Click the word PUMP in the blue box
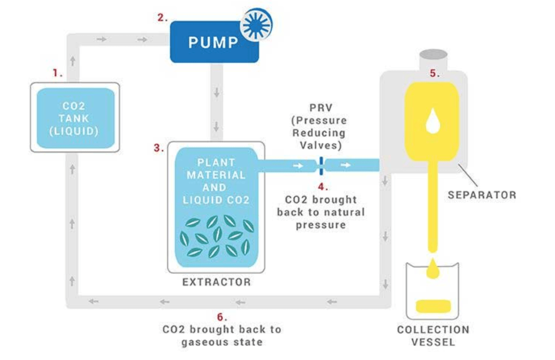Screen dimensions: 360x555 pos(213,42)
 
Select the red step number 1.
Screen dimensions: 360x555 pos(57,72)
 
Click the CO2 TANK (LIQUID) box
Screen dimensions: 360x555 pos(75,118)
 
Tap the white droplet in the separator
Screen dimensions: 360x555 pos(432,122)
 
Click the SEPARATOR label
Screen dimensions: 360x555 pos(482,194)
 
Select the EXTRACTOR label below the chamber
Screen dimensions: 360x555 pos(216,282)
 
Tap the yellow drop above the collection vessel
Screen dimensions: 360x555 pos(432,268)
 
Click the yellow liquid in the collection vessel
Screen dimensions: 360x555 pos(432,305)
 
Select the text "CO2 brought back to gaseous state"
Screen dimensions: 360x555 pos(221,336)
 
